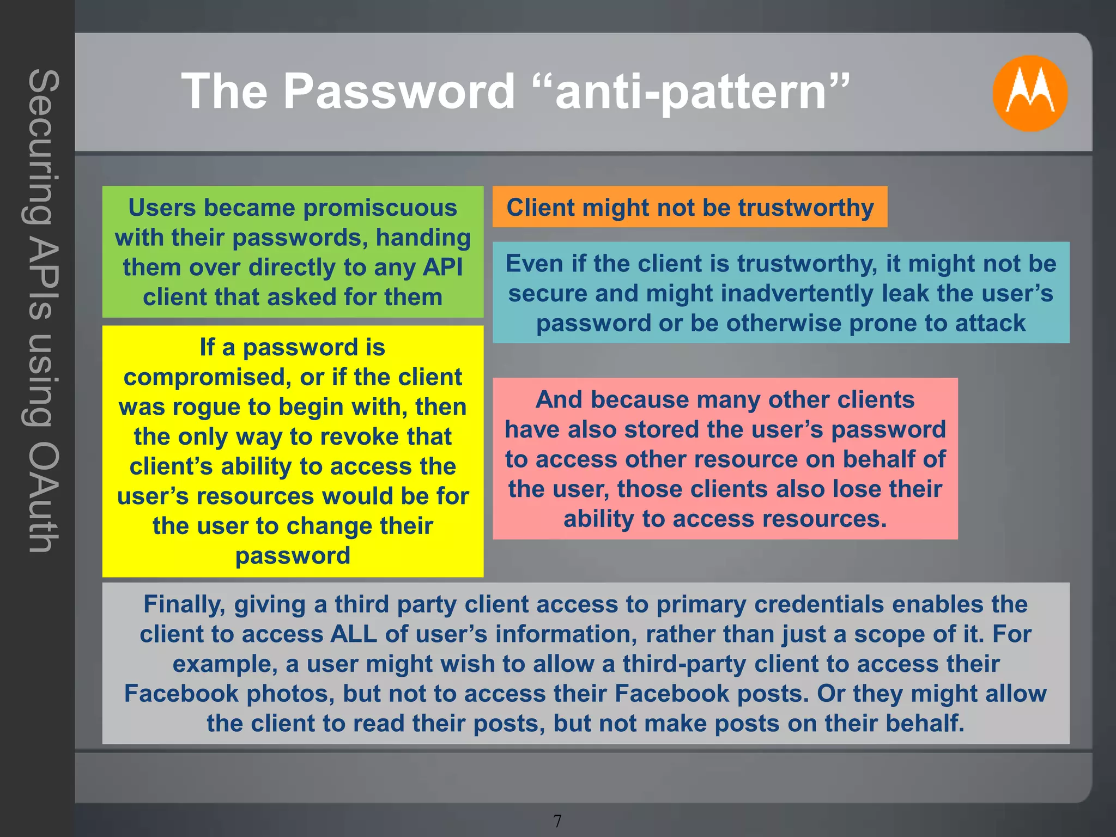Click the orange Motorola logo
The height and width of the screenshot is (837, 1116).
1029,93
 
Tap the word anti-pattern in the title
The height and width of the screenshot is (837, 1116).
691,92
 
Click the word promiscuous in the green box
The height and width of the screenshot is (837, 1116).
380,208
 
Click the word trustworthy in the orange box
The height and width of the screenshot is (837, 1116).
805,208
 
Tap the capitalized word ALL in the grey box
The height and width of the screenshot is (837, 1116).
354,634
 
